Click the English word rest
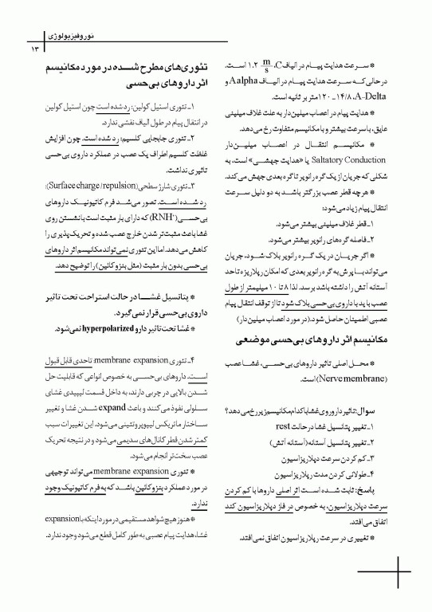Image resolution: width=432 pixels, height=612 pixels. point(281,428)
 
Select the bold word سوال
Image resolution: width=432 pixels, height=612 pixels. point(375,414)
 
